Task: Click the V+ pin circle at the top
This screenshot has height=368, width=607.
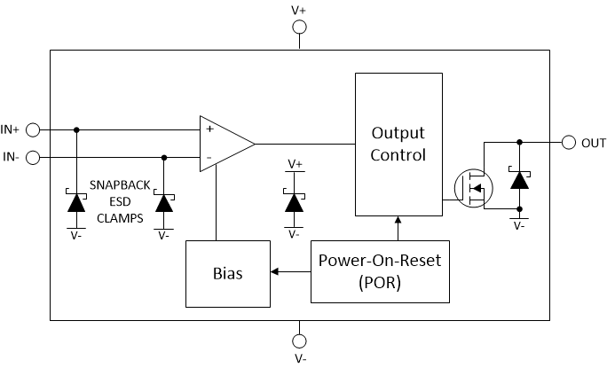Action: click(299, 27)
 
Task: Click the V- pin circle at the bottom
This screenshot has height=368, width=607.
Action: click(299, 341)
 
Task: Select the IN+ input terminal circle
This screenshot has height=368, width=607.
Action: click(33, 129)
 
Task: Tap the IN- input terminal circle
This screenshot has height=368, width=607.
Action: click(33, 158)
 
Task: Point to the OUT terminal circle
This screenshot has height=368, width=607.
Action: click(569, 142)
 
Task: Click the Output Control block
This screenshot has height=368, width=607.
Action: click(398, 145)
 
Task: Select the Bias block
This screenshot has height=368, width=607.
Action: click(226, 272)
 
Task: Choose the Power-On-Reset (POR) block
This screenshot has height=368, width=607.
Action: click(381, 272)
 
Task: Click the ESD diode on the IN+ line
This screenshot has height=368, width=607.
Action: click(75, 201)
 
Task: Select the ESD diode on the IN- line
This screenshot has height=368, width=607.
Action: click(163, 201)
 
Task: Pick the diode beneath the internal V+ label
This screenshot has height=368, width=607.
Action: click(294, 201)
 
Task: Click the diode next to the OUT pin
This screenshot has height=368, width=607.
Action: click(518, 181)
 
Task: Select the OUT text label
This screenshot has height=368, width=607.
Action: click(594, 143)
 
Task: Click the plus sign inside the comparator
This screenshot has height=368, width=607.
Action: click(210, 129)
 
